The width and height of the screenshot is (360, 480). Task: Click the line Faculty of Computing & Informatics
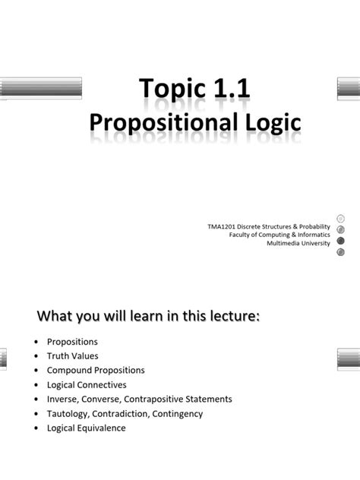pyautogui.click(x=279, y=235)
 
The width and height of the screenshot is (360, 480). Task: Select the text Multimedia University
pyautogui.click(x=298, y=243)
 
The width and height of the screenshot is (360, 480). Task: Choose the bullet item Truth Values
pyautogui.click(x=73, y=355)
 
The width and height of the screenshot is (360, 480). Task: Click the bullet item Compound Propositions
pyautogui.click(x=96, y=370)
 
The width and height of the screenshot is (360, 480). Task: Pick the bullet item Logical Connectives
pyautogui.click(x=87, y=384)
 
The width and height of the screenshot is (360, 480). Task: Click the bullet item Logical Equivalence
pyautogui.click(x=87, y=428)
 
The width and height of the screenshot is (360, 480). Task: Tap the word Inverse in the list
pyautogui.click(x=63, y=399)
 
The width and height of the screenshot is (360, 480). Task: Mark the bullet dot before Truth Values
pyautogui.click(x=36, y=355)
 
